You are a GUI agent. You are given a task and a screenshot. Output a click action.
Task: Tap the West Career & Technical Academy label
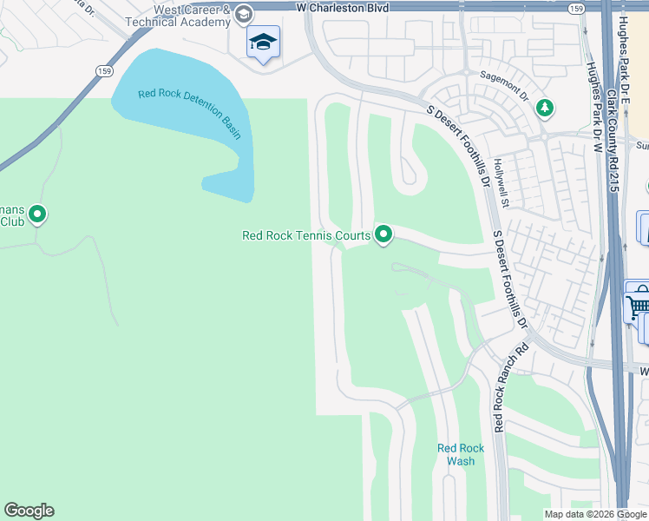pos(192,16)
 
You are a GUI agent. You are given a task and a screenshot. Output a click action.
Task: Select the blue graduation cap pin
pos(263,42)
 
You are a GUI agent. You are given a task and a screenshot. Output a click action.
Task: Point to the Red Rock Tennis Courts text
pos(306,235)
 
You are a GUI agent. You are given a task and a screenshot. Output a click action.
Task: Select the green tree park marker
pos(545,109)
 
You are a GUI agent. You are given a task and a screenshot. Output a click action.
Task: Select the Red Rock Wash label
pos(460,454)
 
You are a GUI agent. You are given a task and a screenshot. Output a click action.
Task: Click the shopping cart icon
pos(638,304)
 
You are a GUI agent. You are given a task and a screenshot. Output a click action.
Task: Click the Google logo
pos(29,511)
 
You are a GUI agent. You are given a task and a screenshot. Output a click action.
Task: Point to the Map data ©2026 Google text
pos(594,514)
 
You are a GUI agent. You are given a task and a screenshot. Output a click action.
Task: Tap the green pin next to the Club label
pos(37,213)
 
